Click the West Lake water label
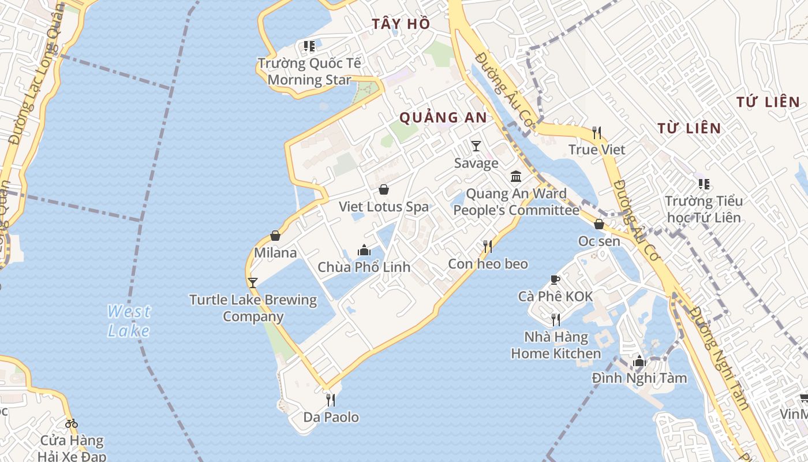pos(129,321)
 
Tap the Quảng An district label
pos(443,117)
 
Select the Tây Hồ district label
pos(401,24)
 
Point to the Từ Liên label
pos(689,128)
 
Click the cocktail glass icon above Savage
pos(476,146)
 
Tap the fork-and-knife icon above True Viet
pos(597,133)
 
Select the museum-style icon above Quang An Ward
pos(516,176)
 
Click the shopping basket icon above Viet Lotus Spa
pos(384,189)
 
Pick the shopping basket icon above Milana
pos(275,236)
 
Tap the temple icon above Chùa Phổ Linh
pos(364,250)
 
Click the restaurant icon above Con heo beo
pos(488,247)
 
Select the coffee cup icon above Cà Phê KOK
pos(555,280)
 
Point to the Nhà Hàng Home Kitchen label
pos(556,345)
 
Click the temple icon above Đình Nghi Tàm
pos(639,362)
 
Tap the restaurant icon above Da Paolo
pos(331,400)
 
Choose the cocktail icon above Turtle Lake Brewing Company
pos(252,283)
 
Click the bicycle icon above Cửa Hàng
pos(72,423)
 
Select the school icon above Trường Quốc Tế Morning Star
pos(309,46)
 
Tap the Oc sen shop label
pos(599,241)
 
